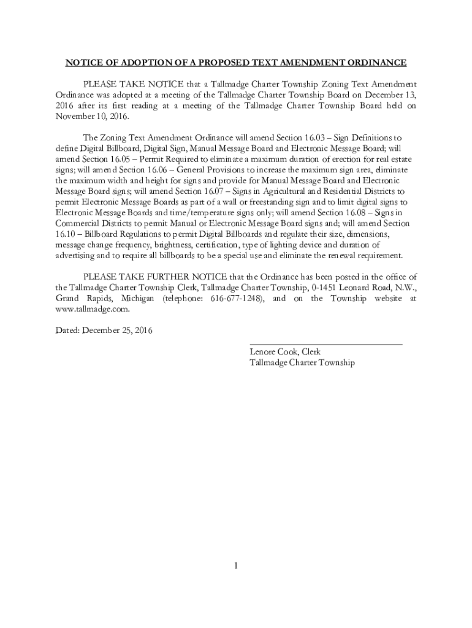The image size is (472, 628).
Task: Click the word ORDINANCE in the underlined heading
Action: tap(378, 63)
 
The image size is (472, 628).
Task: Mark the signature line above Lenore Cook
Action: tap(325, 345)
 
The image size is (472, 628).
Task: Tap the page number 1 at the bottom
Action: tap(235, 565)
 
